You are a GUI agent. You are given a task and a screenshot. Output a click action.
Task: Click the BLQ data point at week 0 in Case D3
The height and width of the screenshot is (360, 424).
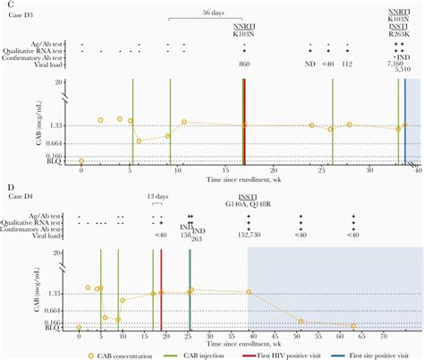(x=81, y=161)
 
